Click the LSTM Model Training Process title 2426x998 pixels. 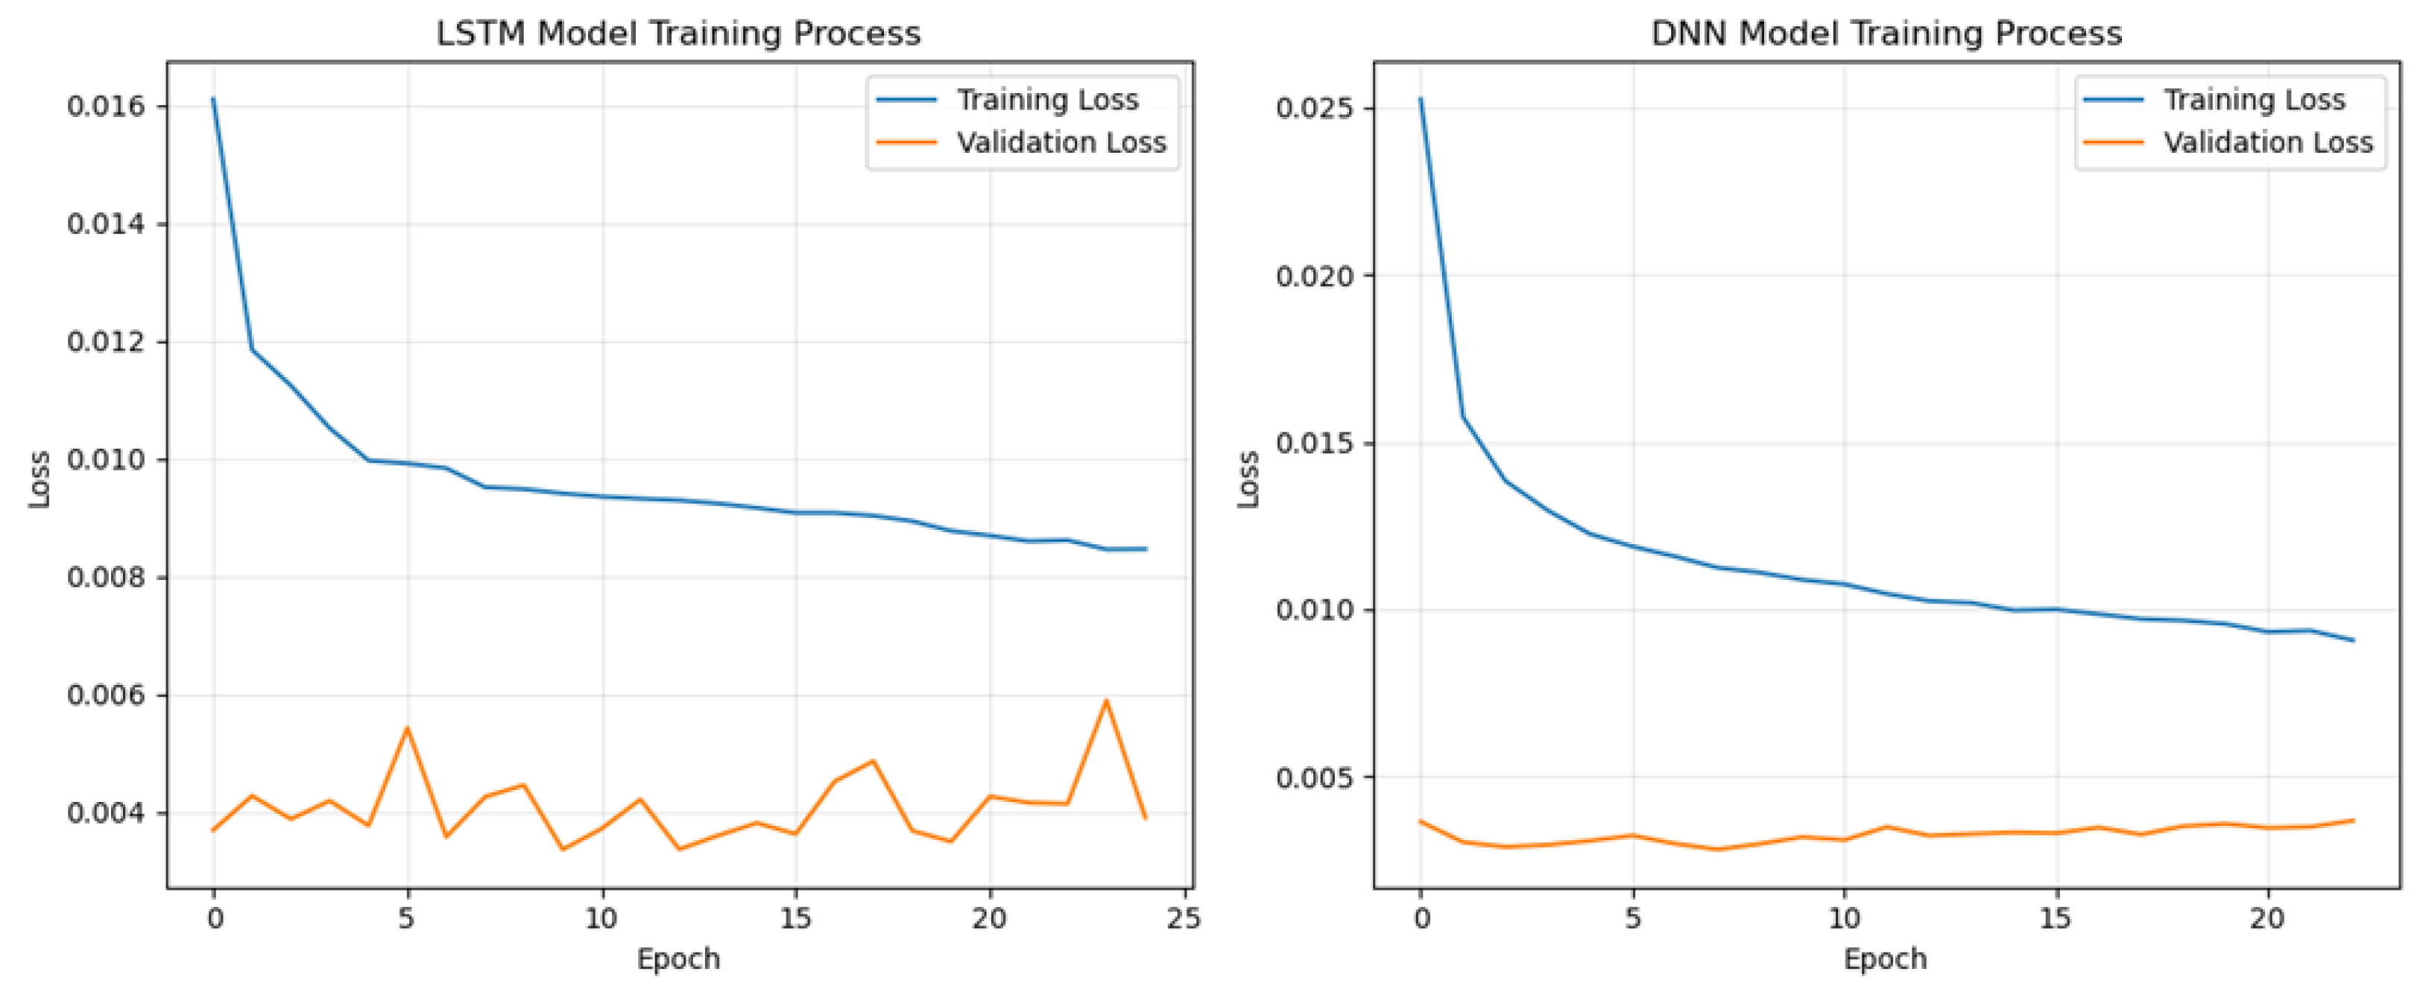[678, 34]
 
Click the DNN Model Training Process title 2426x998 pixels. [1886, 34]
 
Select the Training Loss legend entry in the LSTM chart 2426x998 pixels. [1047, 100]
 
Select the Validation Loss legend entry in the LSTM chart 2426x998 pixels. [1061, 142]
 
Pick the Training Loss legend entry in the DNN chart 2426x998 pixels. [2254, 100]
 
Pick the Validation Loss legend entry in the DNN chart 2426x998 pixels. [2268, 142]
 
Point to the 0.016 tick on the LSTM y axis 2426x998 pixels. [107, 107]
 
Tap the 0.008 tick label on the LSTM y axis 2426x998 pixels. [107, 577]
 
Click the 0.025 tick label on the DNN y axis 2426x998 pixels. [1314, 107]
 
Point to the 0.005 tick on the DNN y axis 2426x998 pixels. [1314, 777]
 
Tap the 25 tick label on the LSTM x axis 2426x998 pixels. [1184, 918]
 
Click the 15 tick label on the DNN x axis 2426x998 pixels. [2056, 918]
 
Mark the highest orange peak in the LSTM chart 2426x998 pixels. [1105, 701]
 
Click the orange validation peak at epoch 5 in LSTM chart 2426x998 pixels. [407, 727]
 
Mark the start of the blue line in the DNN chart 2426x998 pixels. [1421, 99]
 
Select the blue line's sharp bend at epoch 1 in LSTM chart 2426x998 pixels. [251, 350]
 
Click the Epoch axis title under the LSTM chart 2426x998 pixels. [678, 959]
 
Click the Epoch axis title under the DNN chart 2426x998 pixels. [1886, 959]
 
